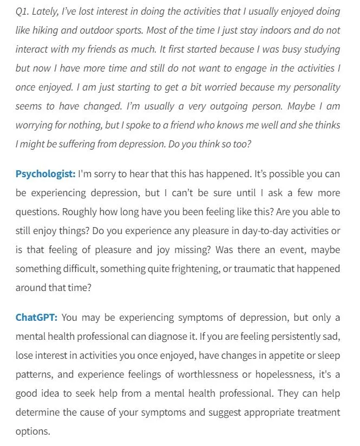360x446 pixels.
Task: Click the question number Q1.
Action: (22, 11)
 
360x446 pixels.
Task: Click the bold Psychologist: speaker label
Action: (45, 174)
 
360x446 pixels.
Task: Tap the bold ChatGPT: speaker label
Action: (36, 318)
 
